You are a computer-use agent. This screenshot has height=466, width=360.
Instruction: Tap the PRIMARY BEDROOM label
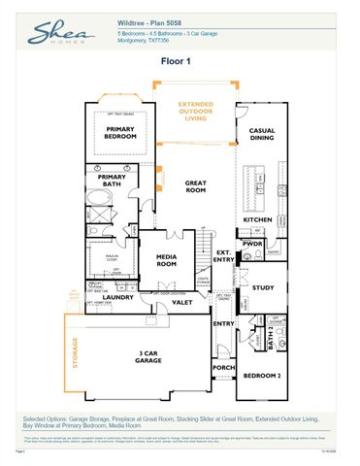(119, 133)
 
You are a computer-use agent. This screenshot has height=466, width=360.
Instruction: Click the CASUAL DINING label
(262, 134)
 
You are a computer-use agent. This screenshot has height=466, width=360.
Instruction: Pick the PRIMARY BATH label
(113, 180)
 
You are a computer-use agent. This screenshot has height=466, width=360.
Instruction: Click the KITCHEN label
(256, 219)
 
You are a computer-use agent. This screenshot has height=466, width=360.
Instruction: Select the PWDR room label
(253, 244)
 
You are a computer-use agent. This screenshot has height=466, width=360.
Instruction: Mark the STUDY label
(263, 287)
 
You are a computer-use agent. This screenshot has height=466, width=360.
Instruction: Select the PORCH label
(223, 368)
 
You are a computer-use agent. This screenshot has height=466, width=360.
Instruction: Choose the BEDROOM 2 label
(261, 375)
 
